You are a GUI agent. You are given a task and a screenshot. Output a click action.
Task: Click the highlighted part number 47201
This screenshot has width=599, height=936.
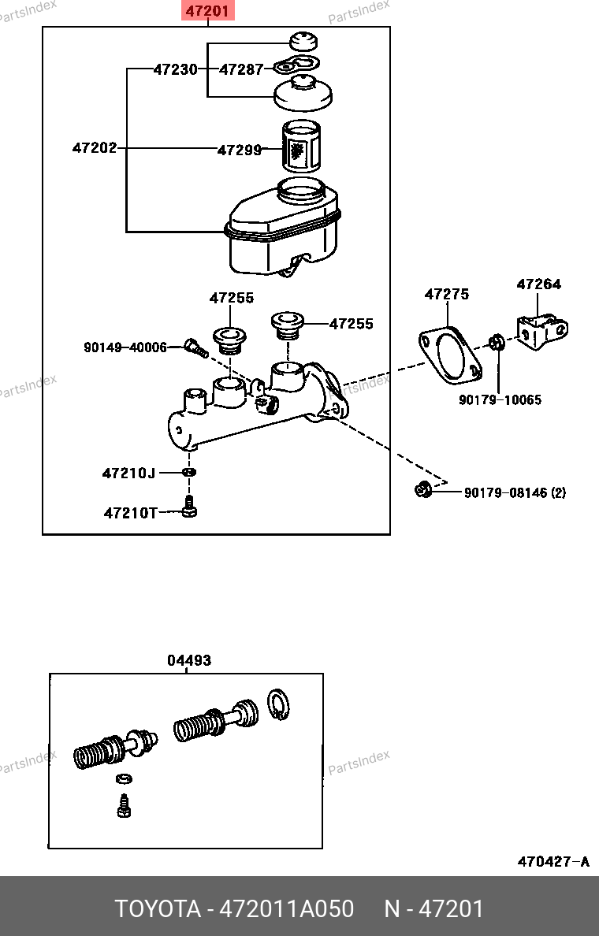pos(208,11)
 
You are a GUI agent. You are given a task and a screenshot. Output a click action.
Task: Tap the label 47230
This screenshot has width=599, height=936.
pos(176,69)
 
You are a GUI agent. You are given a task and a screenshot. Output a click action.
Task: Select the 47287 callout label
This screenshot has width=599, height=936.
pos(241,69)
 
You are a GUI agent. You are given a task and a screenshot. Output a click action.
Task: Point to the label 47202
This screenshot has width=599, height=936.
pos(95,147)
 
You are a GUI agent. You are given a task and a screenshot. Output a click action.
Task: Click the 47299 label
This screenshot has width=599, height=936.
pos(240,150)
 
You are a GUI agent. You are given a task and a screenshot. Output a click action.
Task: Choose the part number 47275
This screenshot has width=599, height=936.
pos(447,294)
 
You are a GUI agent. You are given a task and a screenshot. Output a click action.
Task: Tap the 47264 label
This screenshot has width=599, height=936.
pos(538,284)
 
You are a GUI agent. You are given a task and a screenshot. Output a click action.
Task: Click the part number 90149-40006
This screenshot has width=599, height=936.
pos(125,347)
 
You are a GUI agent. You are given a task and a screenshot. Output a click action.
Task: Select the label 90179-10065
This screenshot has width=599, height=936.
pos(500,399)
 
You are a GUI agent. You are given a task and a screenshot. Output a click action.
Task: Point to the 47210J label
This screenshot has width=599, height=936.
pos(128,474)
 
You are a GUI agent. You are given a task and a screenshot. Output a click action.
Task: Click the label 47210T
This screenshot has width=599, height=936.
pos(131,513)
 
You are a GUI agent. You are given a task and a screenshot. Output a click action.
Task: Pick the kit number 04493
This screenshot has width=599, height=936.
pos(188,660)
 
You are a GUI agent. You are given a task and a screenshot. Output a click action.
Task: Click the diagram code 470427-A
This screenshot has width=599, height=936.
pos(553,861)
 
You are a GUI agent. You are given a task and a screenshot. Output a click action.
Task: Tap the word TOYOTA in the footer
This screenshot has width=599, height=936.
pos(158,909)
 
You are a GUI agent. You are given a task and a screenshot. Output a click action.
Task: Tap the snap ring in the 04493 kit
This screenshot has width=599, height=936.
pos(278,704)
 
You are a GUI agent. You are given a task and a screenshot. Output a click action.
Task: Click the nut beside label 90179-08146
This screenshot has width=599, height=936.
pos(422,489)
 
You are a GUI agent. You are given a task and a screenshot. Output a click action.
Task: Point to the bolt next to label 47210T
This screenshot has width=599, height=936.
pos(189,506)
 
